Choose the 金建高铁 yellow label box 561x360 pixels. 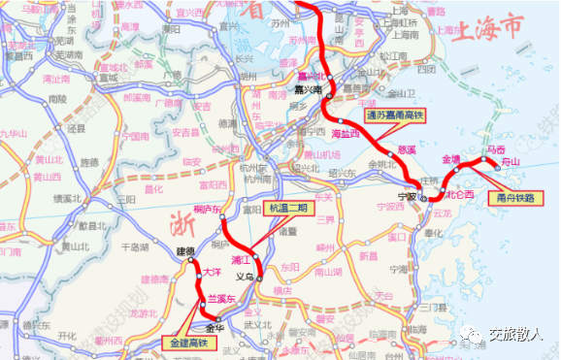click(x=184, y=342)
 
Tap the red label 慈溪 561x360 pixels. click(x=408, y=150)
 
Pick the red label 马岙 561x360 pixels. click(x=496, y=149)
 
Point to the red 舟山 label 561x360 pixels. click(x=510, y=162)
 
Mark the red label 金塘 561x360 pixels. click(x=452, y=158)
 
